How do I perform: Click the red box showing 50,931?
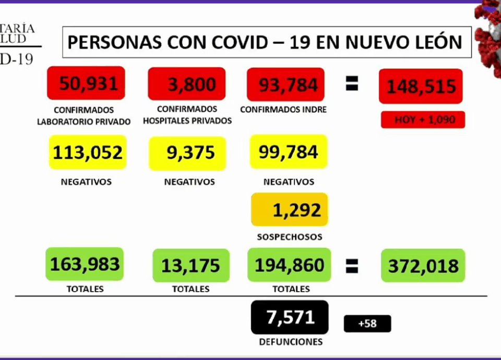pyautogui.click(x=86, y=83)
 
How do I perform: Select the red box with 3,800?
pyautogui.click(x=187, y=83)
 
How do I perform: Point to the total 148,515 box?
pyautogui.click(x=421, y=86)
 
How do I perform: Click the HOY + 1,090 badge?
pyautogui.click(x=423, y=119)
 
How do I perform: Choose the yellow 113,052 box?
pyautogui.click(x=87, y=152)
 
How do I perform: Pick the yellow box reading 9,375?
pyautogui.click(x=187, y=153)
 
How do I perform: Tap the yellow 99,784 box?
pyautogui.click(x=288, y=152)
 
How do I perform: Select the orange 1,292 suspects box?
pyautogui.click(x=289, y=209)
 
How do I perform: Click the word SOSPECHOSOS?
pyautogui.click(x=289, y=237)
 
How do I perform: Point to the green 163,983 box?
pyautogui.click(x=85, y=265)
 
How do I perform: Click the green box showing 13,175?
pyautogui.click(x=190, y=266)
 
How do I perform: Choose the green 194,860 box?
pyautogui.click(x=289, y=265)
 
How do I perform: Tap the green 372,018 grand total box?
pyautogui.click(x=423, y=266)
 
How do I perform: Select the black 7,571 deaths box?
pyautogui.click(x=290, y=317)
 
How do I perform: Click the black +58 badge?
pyautogui.click(x=367, y=323)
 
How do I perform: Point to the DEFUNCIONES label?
pyautogui.click(x=290, y=342)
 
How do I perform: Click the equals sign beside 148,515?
pyautogui.click(x=352, y=85)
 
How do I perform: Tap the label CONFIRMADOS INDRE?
pyautogui.click(x=283, y=110)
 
